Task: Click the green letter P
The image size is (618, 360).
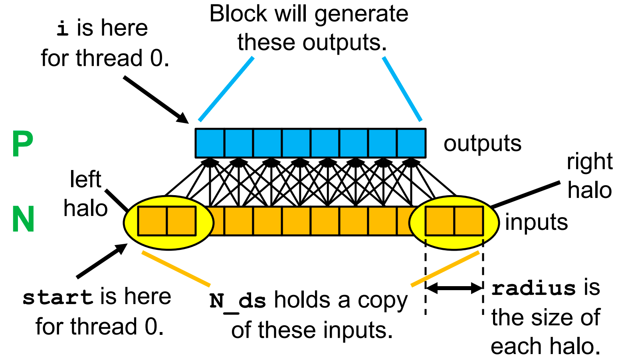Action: coord(22,145)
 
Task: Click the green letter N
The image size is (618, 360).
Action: coord(23,219)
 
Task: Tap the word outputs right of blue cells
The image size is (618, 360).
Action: coord(482,143)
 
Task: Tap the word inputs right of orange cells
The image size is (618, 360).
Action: coord(536,222)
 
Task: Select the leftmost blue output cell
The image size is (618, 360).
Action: coord(210,143)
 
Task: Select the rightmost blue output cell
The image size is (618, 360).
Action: coord(411,143)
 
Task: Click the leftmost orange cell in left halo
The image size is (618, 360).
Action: coord(152,221)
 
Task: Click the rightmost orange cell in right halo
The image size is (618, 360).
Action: coord(469,221)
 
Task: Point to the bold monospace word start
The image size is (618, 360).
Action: coord(58,298)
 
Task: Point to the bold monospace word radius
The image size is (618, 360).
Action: coord(533,288)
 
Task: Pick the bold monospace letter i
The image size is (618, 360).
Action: coord(63,29)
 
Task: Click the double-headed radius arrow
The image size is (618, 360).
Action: coord(454,288)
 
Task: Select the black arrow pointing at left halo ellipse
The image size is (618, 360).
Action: coord(102,261)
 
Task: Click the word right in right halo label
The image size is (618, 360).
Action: coord(589,162)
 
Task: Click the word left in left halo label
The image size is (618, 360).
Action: coord(85,179)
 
